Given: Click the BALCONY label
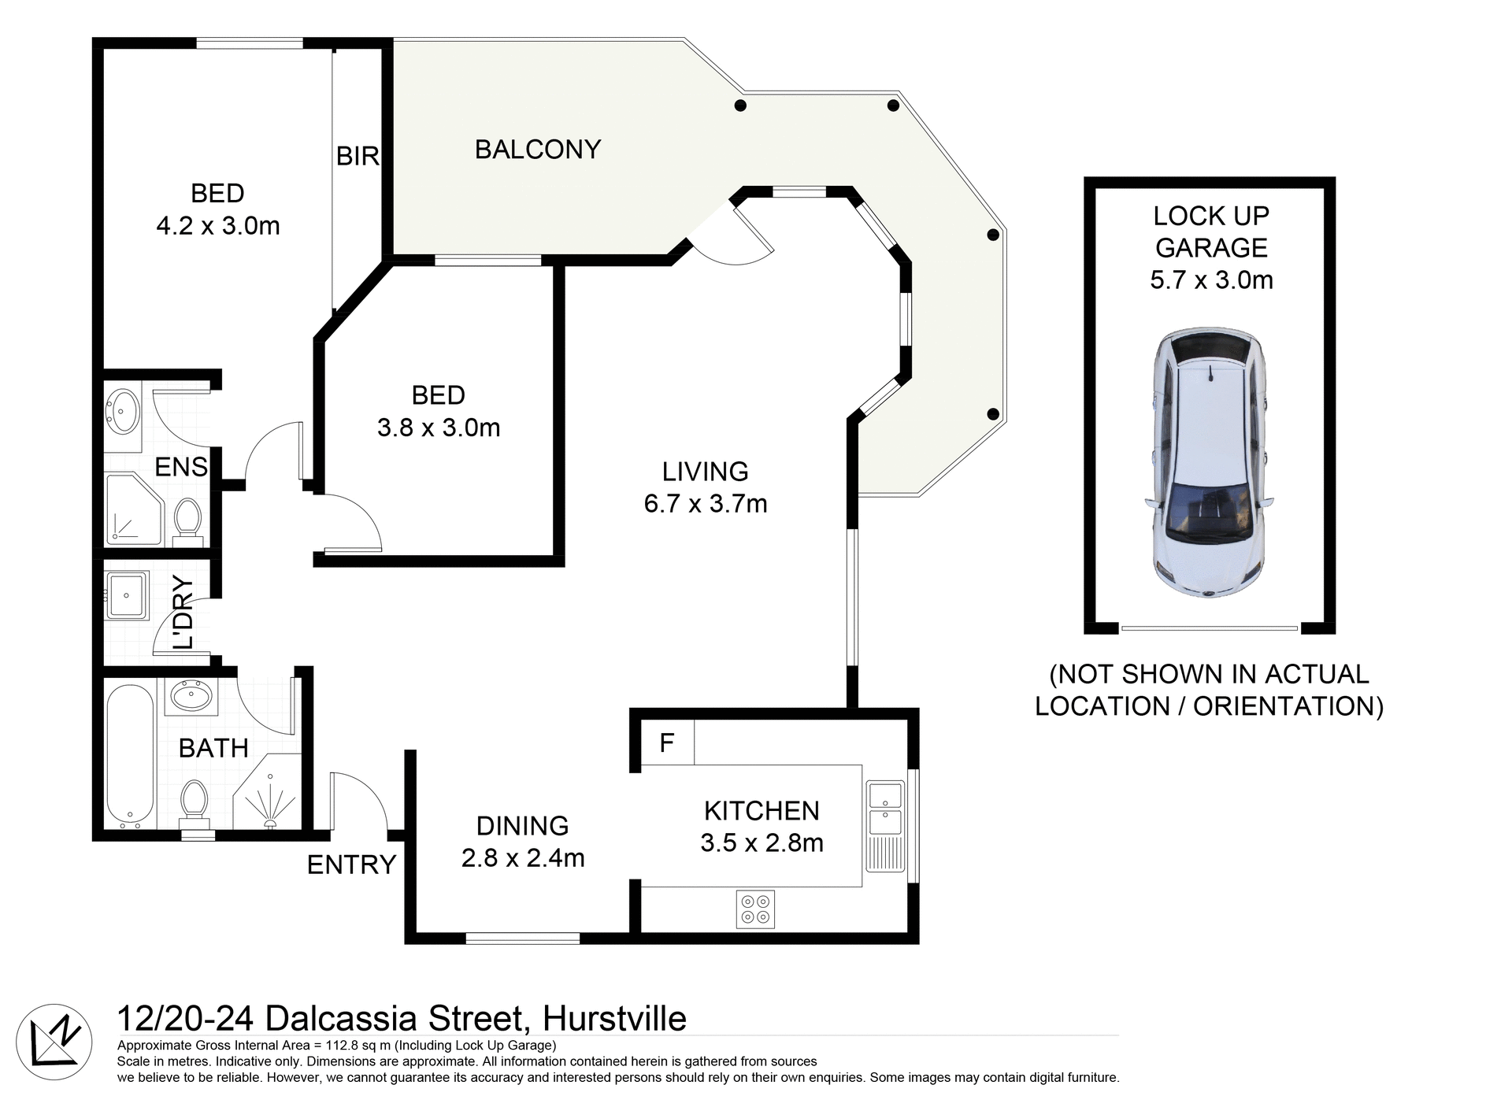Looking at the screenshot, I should (538, 150).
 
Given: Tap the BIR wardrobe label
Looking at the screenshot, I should (358, 157).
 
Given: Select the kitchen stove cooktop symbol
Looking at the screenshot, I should (755, 909).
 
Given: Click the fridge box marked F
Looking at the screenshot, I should (667, 742).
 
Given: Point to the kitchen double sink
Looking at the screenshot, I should (885, 809).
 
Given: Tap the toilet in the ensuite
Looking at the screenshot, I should (187, 520).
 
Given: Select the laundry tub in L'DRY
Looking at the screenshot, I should (126, 595).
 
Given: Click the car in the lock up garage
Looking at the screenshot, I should (1210, 463).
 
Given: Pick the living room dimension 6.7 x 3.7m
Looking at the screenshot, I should (706, 504).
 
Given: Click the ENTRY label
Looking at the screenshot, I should (351, 865).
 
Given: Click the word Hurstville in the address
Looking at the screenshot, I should (614, 1019).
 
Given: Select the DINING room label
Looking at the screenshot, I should (522, 826).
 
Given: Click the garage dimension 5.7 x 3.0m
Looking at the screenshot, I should (1211, 280).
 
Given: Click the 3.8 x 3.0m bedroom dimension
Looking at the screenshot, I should (439, 428).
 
